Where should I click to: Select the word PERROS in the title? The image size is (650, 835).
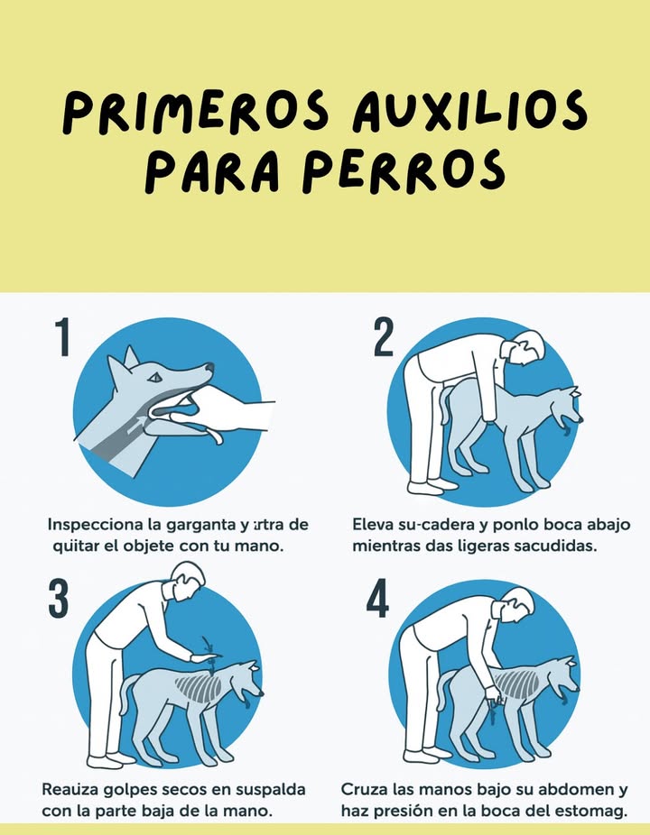click(x=403, y=171)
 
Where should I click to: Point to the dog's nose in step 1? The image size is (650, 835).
click(x=209, y=368)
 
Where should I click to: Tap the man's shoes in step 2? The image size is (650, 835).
click(x=431, y=487)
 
